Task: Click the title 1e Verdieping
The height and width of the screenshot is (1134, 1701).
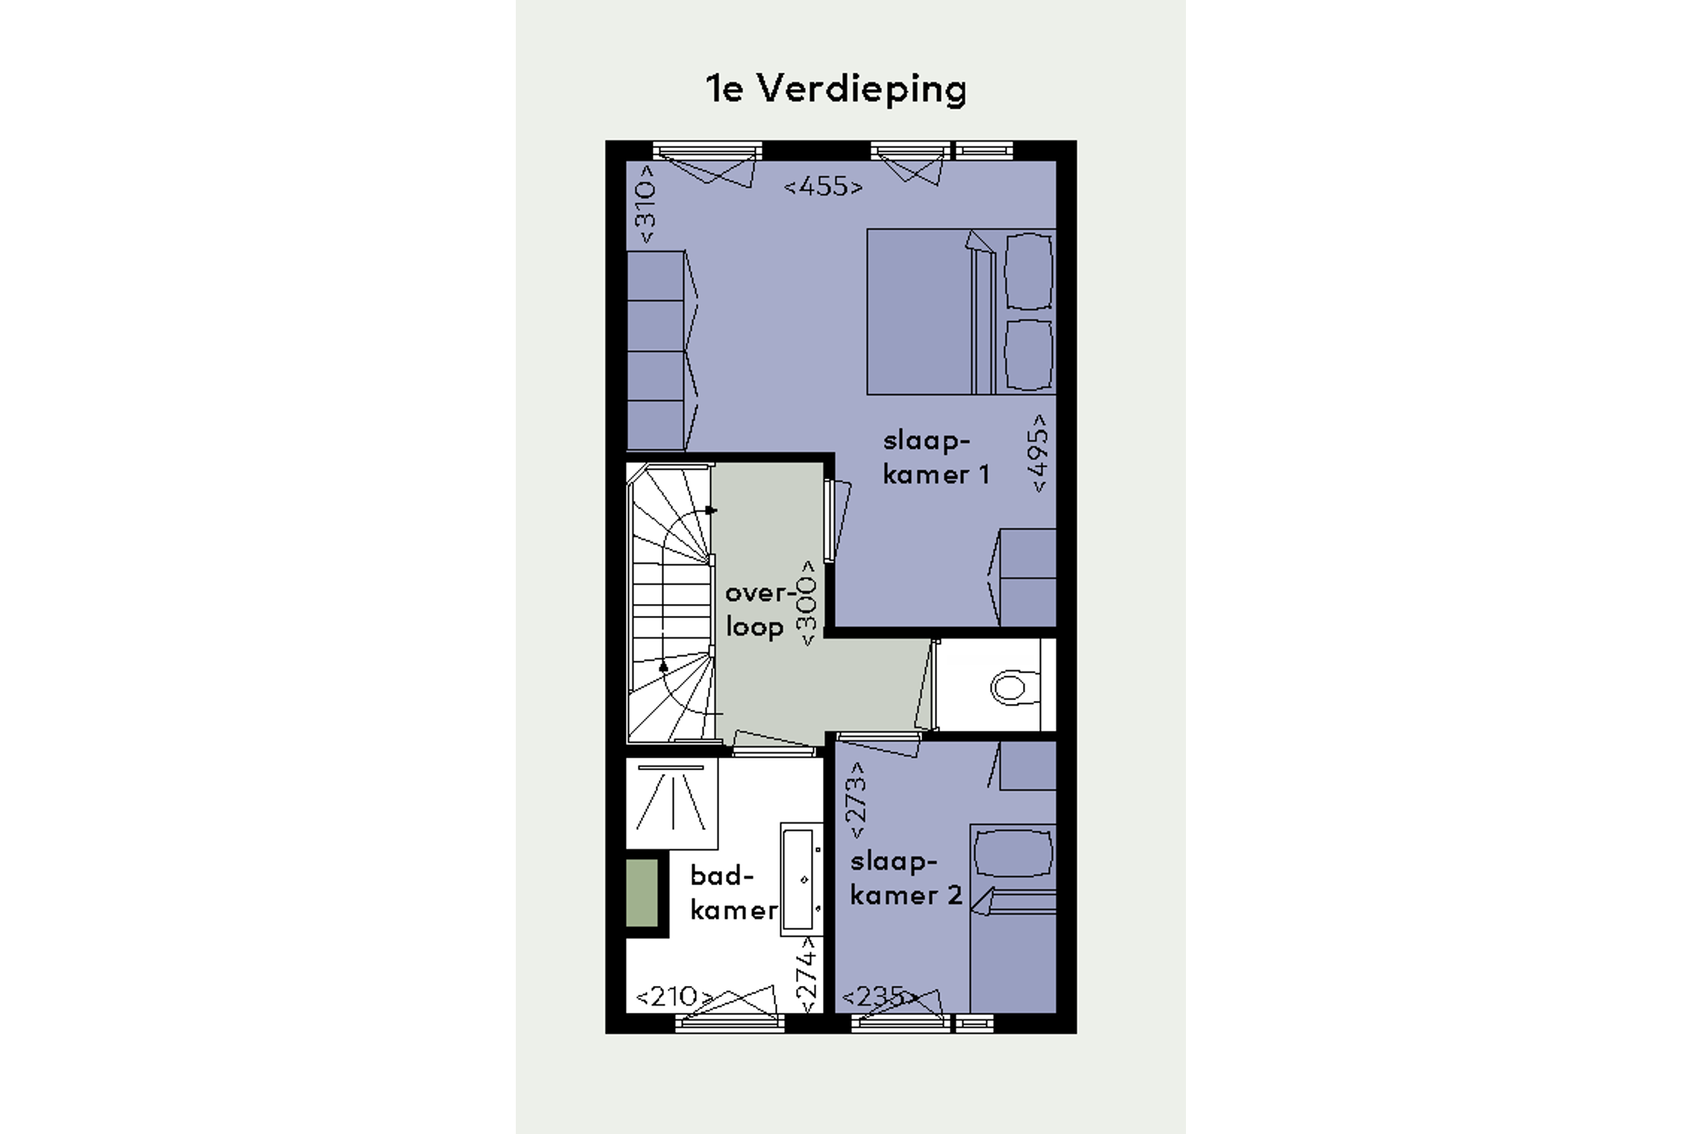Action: (836, 89)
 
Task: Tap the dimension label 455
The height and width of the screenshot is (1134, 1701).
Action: (823, 187)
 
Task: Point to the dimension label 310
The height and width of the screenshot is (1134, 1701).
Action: (645, 204)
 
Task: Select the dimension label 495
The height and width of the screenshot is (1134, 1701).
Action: (1039, 454)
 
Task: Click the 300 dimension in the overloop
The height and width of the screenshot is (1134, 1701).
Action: (807, 603)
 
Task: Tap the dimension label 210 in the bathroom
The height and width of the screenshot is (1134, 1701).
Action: (673, 997)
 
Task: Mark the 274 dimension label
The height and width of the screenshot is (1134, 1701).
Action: (806, 975)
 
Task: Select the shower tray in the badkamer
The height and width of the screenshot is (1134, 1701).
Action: (672, 803)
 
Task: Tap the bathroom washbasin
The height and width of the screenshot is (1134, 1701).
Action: (802, 879)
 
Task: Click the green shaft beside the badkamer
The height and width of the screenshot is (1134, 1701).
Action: (642, 892)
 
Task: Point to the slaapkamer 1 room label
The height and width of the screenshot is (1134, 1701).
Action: (935, 458)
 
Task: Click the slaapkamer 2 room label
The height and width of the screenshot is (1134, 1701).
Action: (906, 879)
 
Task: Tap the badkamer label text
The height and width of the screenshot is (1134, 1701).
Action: (733, 893)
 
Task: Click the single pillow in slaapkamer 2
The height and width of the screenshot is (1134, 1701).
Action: (1013, 853)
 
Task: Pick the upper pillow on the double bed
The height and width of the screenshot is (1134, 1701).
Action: (1028, 272)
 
